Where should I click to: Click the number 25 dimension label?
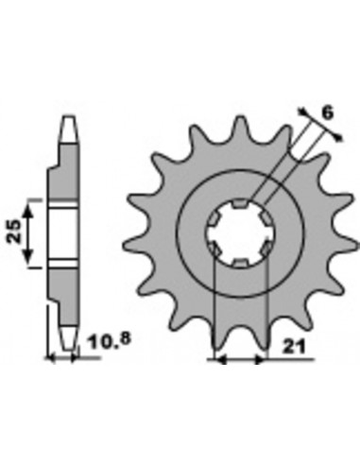coord(14,232)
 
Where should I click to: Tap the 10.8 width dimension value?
coord(109,341)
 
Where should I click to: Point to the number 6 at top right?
coord(328,113)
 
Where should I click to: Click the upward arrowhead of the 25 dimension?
coord(28,211)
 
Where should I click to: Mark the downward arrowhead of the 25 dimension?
coord(28,256)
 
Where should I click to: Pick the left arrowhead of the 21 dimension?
coord(220,359)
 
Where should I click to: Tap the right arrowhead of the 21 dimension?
coord(260,359)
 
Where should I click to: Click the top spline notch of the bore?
coord(240,203)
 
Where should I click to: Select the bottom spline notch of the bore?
coord(240,263)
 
